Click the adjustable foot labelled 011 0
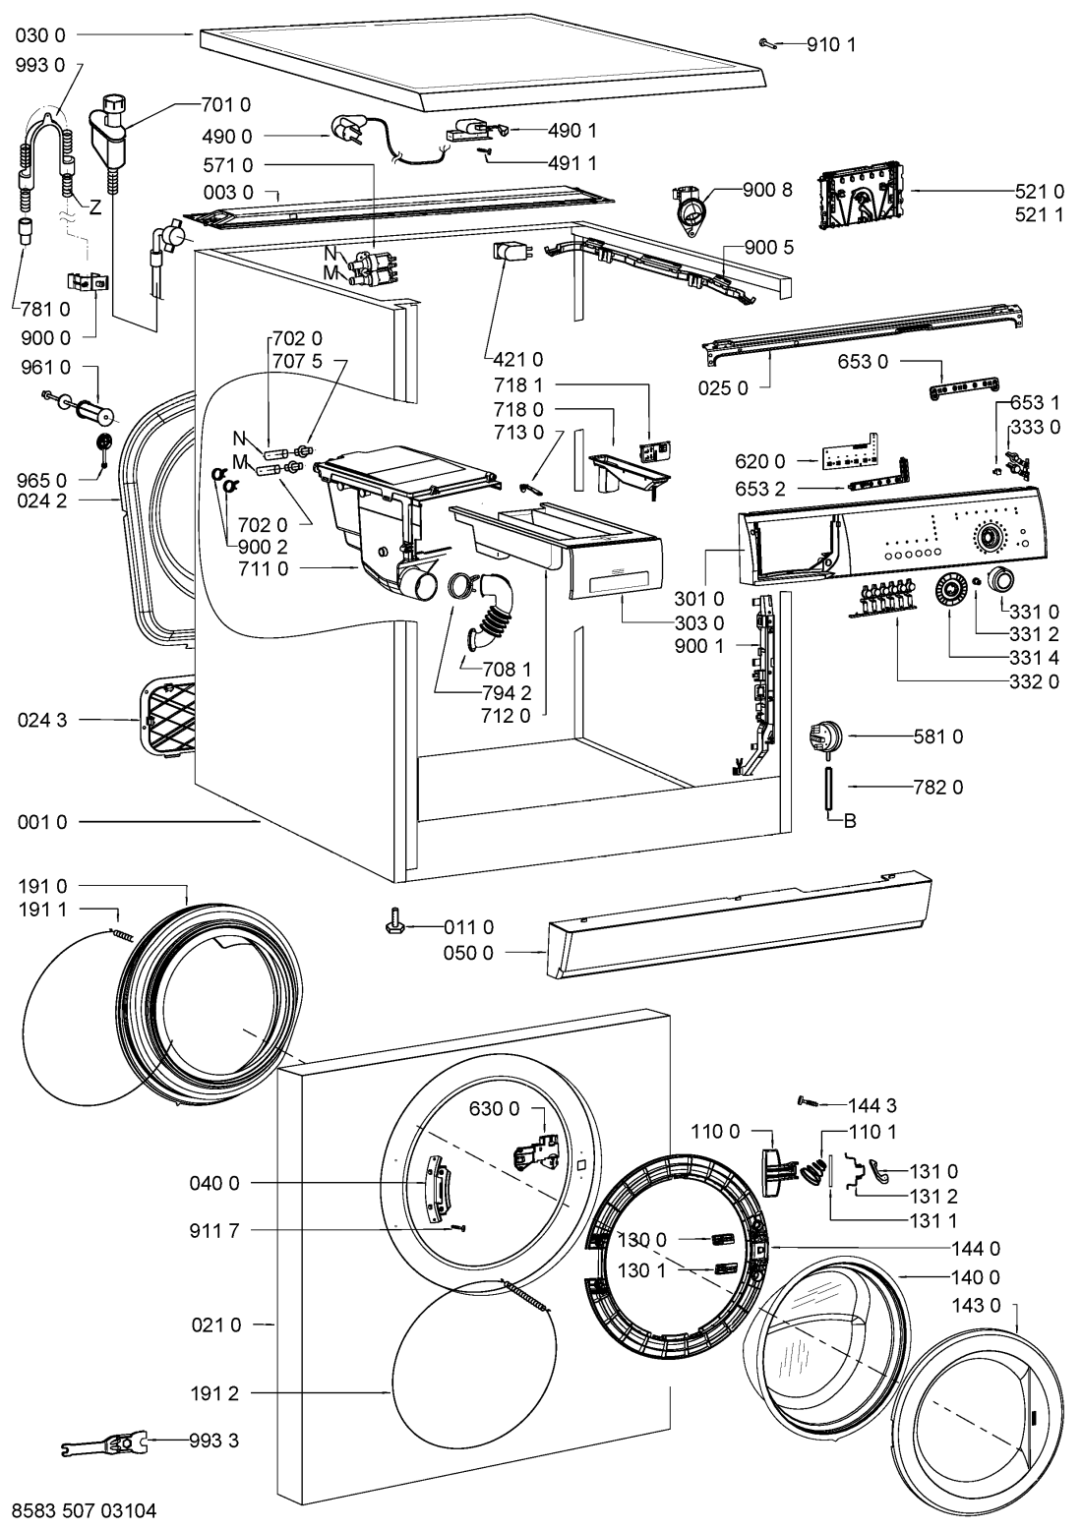pos(393,924)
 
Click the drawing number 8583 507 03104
pos(85,1508)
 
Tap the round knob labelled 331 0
pos(1001,580)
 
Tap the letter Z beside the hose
pos(95,207)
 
